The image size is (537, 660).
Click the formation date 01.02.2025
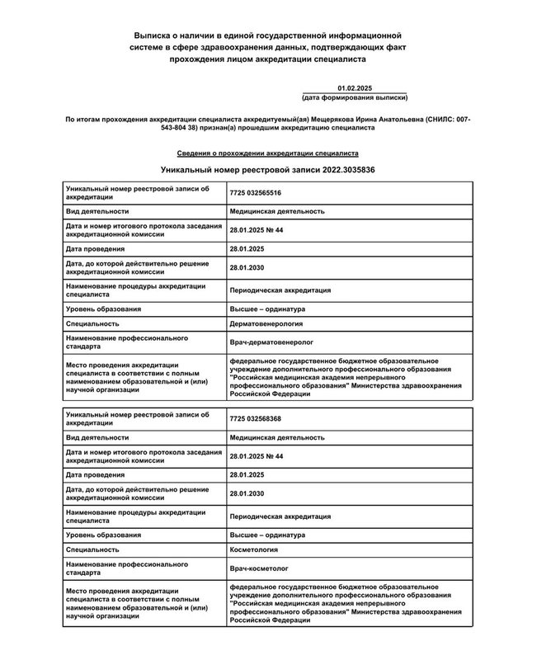pyautogui.click(x=356, y=87)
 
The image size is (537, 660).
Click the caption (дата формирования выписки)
pyautogui.click(x=356, y=97)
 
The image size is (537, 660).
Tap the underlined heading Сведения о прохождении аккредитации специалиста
pyautogui.click(x=268, y=153)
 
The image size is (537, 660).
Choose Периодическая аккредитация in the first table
pyautogui.click(x=280, y=290)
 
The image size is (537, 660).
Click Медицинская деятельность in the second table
pyautogui.click(x=277, y=437)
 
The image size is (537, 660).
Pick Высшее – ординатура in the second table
pyautogui.click(x=269, y=534)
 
